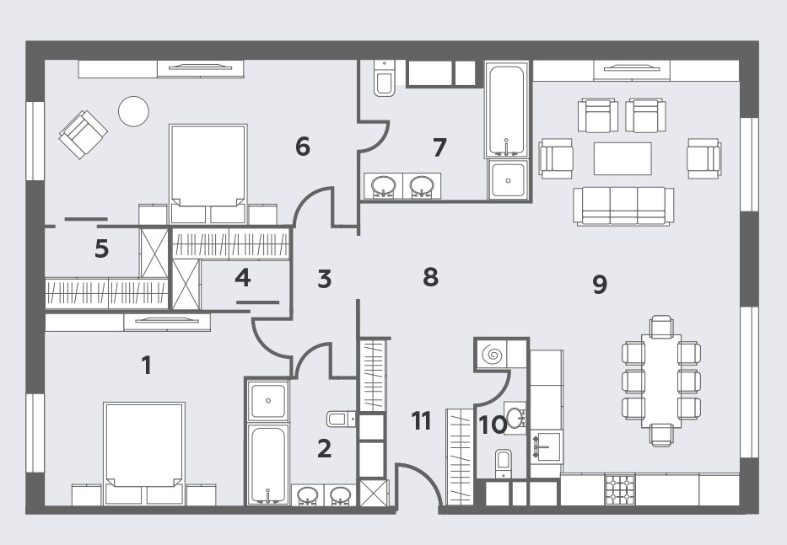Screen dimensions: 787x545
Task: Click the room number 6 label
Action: [x=303, y=147]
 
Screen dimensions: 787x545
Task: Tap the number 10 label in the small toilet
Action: [x=493, y=425]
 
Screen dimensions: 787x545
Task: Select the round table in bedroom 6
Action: [x=133, y=111]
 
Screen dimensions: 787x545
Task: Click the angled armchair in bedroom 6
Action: [x=84, y=135]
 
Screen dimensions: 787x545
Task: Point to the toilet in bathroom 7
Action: [x=385, y=77]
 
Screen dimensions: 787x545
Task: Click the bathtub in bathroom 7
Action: [x=506, y=110]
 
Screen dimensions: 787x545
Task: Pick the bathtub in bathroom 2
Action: [x=268, y=464]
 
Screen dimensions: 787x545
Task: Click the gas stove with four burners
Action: [x=620, y=489]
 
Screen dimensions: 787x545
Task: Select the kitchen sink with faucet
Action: [x=546, y=446]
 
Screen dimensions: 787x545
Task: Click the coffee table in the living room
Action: [x=623, y=158]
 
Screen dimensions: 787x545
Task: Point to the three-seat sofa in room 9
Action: [x=624, y=206]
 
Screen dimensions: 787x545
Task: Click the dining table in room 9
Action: [x=661, y=381]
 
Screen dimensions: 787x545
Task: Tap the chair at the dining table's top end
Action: [x=661, y=326]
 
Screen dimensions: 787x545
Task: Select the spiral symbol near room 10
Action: [x=492, y=355]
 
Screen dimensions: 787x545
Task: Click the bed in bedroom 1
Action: [x=144, y=452]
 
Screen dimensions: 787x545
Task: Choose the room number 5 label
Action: [x=101, y=248]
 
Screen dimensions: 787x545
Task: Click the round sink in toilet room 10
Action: [x=515, y=418]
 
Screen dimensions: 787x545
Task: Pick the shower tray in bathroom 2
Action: [x=268, y=401]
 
